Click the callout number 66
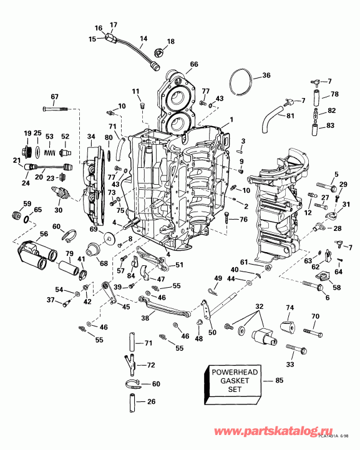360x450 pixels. [194, 64]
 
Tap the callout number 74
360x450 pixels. [289, 308]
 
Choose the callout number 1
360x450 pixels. [230, 119]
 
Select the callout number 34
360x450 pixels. [91, 137]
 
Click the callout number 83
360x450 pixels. [331, 125]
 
